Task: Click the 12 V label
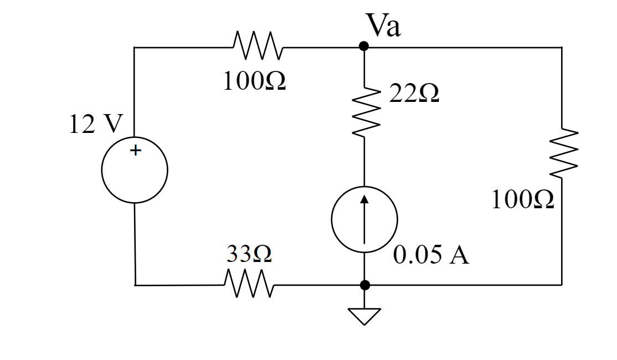point(94,125)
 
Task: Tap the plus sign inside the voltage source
point(135,150)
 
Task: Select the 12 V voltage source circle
point(135,170)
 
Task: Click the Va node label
point(383,26)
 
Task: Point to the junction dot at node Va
point(364,47)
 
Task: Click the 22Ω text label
point(414,94)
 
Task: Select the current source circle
point(364,220)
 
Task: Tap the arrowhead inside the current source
point(364,199)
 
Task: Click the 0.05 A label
point(431,255)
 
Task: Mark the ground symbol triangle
point(364,316)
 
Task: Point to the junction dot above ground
point(364,285)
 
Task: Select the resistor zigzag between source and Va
point(258,47)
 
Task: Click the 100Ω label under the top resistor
point(254,82)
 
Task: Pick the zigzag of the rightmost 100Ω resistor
point(563,155)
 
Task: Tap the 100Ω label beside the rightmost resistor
point(522,200)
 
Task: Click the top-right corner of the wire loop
point(562,48)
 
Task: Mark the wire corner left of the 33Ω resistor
point(135,285)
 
